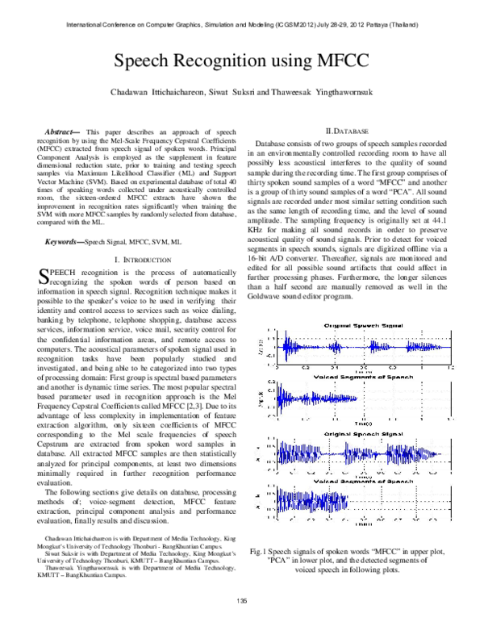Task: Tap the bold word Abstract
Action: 61,131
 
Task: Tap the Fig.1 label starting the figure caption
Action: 261,550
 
